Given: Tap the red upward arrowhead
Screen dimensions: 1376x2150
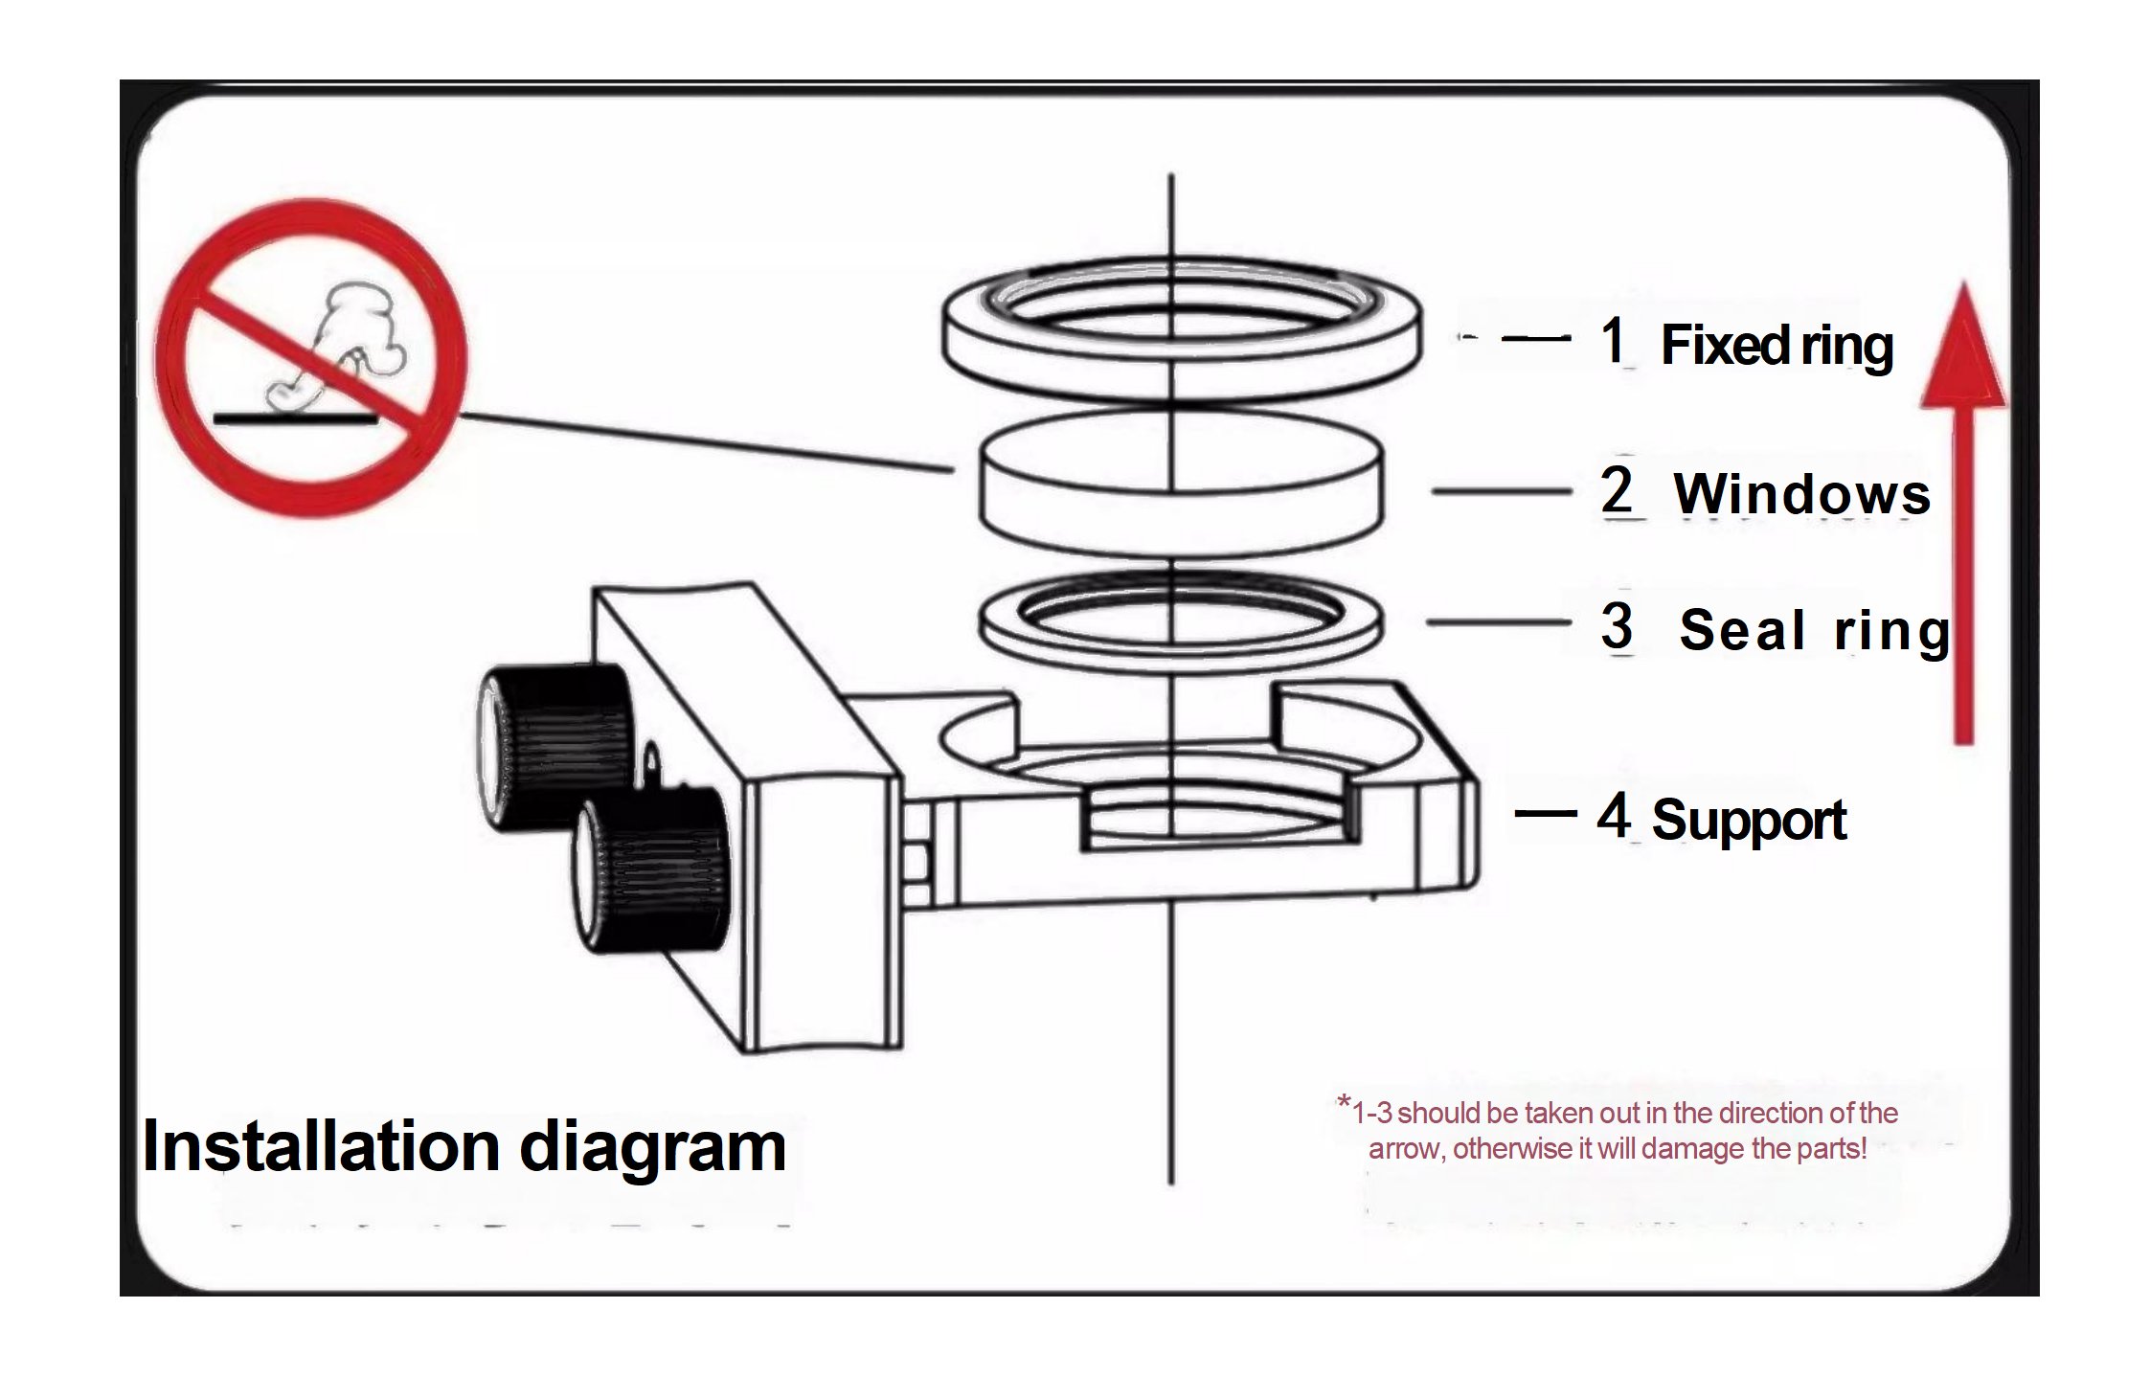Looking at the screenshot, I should tap(1963, 354).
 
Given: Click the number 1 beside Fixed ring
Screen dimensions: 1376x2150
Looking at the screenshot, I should tap(1613, 340).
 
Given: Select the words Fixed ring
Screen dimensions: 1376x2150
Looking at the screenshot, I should tap(1777, 346).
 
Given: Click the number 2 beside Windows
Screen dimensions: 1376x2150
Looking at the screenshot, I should tap(1617, 490).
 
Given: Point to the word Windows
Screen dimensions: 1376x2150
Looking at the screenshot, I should tap(1801, 494).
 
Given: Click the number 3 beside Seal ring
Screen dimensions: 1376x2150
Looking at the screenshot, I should tap(1617, 626).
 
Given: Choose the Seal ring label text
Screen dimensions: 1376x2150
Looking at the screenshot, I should tap(1815, 631).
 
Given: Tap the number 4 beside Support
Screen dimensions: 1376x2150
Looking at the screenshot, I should tap(1615, 816).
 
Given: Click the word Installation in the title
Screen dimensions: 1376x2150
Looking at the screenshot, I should tap(322, 1146).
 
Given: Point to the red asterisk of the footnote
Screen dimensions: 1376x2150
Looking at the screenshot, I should tap(1345, 1102).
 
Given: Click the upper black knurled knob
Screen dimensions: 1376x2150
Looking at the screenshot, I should tap(555, 747).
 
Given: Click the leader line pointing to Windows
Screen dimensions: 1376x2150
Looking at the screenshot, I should tap(1501, 491).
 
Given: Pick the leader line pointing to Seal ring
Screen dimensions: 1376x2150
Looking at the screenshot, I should tap(1498, 622).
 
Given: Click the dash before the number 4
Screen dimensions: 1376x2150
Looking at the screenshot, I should tap(1545, 814).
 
